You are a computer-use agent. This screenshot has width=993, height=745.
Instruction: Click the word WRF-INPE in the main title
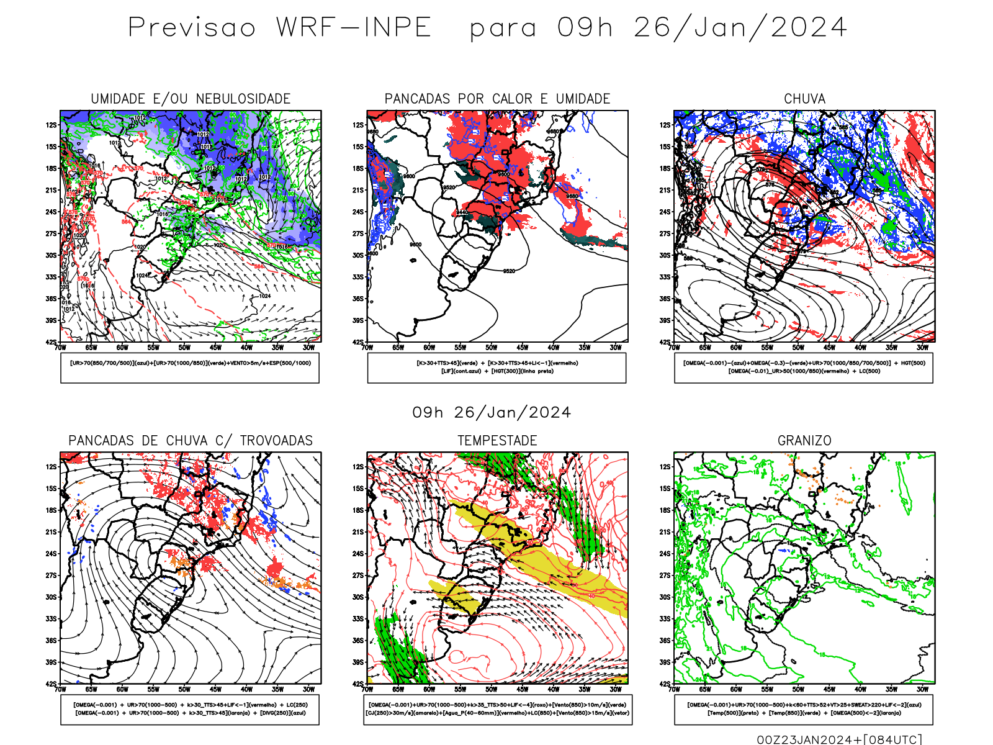(354, 28)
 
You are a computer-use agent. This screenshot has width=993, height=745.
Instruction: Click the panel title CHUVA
(804, 99)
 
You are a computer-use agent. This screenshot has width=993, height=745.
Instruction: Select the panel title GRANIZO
(804, 441)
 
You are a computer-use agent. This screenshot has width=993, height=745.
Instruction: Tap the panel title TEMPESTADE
(497, 441)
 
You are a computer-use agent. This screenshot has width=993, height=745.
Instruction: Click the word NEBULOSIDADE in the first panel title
(243, 99)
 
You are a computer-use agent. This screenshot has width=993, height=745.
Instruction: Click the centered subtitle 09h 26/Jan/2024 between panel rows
(492, 413)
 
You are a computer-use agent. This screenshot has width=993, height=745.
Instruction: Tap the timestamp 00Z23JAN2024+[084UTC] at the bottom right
(839, 739)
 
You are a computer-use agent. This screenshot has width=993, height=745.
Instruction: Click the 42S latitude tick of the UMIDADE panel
(51, 342)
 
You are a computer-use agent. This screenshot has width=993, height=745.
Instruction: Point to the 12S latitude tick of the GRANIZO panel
(665, 467)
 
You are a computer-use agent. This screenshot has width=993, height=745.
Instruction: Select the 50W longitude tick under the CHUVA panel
(798, 348)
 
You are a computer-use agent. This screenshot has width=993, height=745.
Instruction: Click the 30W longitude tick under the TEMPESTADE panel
(616, 689)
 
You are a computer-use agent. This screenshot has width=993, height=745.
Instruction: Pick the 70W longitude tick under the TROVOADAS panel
(60, 689)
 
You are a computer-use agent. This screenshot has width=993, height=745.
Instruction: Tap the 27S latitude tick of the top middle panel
(358, 233)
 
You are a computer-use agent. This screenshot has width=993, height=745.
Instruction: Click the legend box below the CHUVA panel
(804, 368)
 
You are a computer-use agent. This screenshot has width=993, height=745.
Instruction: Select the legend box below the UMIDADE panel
(190, 368)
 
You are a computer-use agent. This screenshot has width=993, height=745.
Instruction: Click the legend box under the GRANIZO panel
(804, 709)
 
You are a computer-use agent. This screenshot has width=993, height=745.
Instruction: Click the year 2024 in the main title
(809, 28)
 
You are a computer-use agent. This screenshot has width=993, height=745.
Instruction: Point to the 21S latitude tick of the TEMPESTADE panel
(358, 532)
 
